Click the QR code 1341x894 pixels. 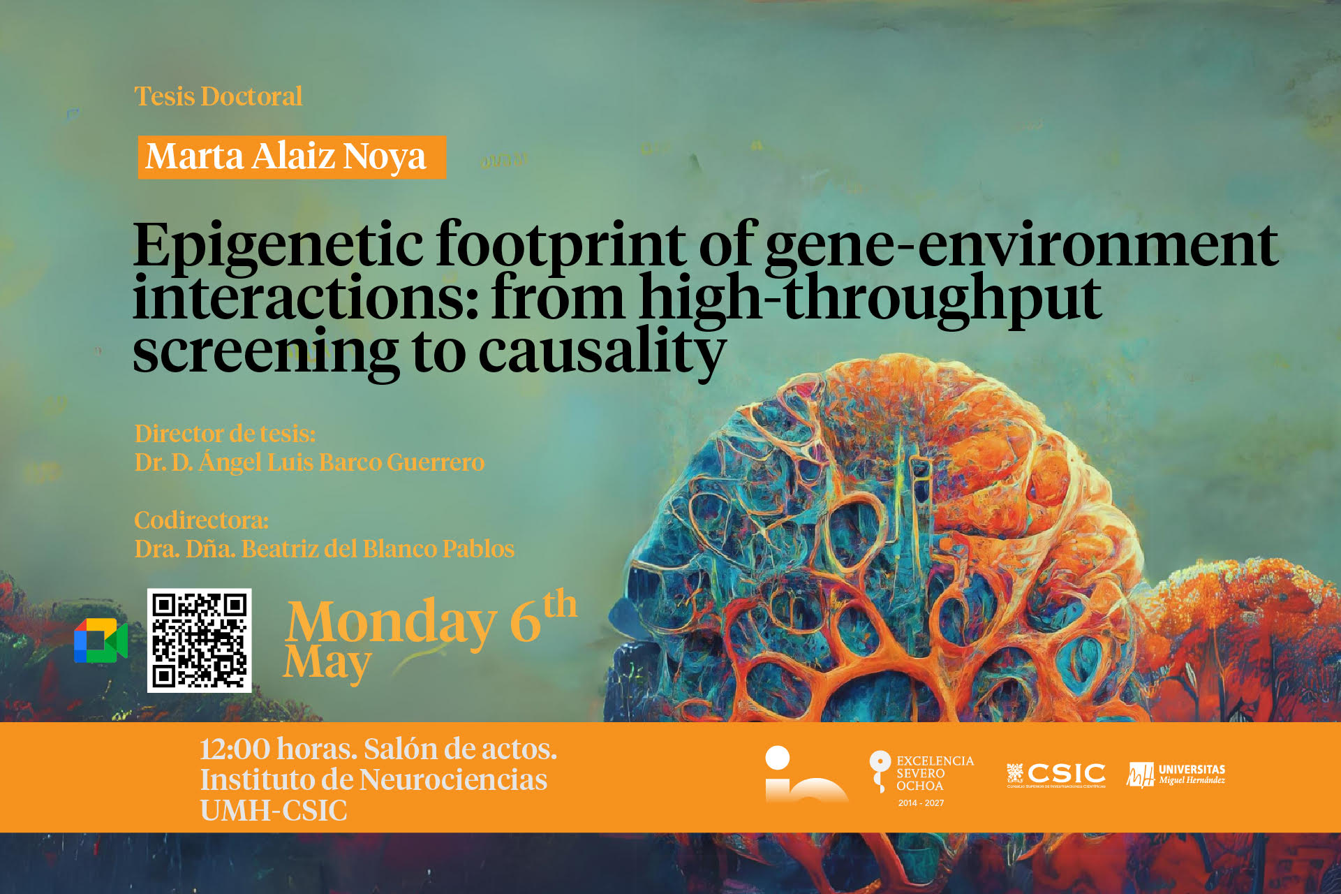[x=199, y=640]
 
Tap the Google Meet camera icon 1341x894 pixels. [x=101, y=640]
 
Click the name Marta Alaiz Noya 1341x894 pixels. [x=286, y=156]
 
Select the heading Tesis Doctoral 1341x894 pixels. [x=218, y=96]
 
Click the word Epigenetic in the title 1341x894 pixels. [x=278, y=247]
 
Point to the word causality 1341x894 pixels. [x=602, y=353]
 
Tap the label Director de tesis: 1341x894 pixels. [x=225, y=434]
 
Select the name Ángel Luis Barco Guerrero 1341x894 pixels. [x=341, y=462]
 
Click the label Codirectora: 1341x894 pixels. [x=202, y=520]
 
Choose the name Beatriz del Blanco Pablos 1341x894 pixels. [x=378, y=549]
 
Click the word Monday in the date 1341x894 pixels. [x=391, y=622]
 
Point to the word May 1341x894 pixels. [x=327, y=663]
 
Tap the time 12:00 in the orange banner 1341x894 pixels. [x=235, y=749]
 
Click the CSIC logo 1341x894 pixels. [x=1055, y=775]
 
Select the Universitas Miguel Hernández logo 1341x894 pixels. [x=1176, y=775]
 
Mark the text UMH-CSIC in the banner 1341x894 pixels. [x=274, y=811]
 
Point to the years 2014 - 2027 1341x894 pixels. [x=921, y=803]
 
